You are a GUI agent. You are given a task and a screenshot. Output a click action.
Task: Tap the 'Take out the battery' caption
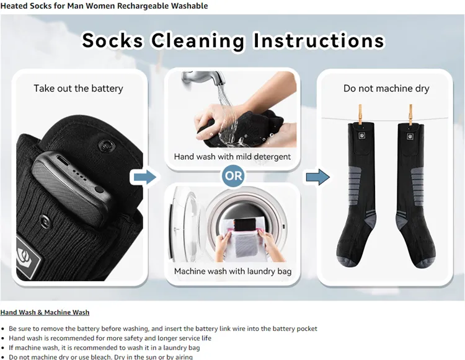click(x=78, y=88)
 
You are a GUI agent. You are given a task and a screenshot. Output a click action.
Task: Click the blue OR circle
click(x=234, y=176)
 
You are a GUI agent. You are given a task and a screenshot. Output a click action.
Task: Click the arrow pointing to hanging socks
click(x=317, y=177)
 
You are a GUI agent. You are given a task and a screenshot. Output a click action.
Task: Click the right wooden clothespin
click(x=410, y=113)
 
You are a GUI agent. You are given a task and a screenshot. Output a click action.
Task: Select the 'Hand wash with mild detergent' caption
click(x=232, y=157)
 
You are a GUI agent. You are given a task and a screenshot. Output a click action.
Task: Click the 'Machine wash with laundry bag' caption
click(x=232, y=271)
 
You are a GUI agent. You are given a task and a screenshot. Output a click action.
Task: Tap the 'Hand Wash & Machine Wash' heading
click(x=45, y=312)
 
